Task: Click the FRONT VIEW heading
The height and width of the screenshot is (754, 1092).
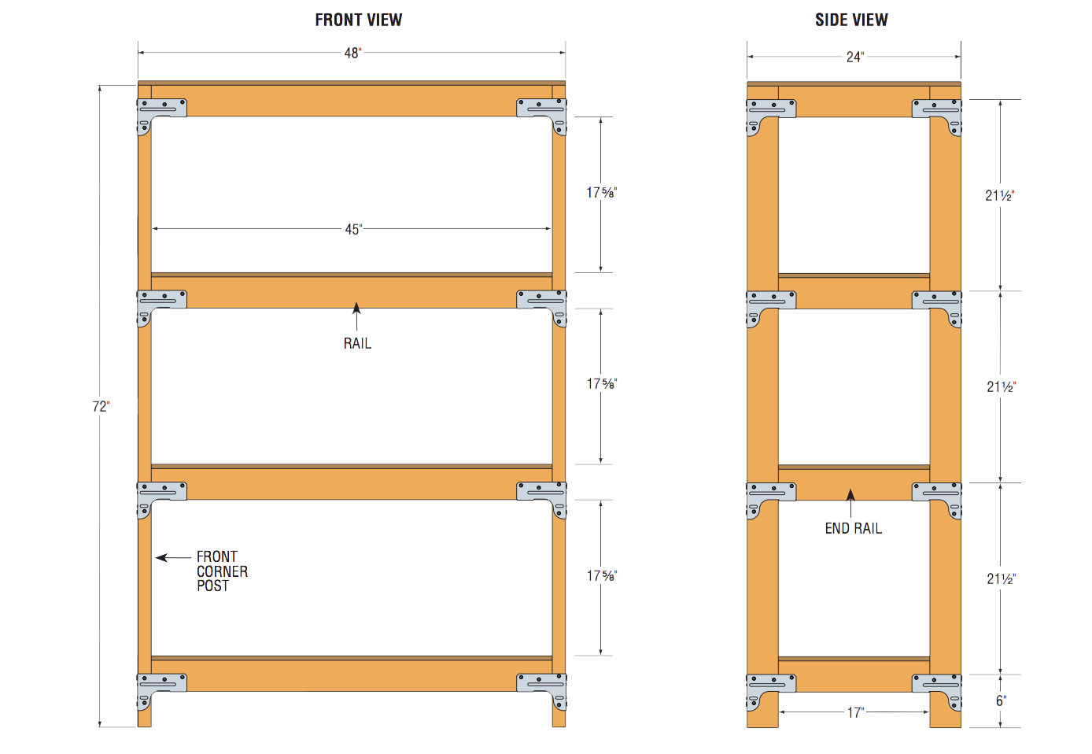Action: click(x=358, y=20)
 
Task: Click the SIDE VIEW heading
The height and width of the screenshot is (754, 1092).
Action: click(x=851, y=20)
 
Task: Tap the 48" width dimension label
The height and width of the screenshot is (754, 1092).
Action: click(x=352, y=54)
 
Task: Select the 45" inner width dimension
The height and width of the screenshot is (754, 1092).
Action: click(x=353, y=229)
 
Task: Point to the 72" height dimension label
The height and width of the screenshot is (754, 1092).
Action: click(x=101, y=406)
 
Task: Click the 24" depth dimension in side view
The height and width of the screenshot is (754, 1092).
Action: click(x=854, y=57)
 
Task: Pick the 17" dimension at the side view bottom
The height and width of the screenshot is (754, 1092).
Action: click(x=855, y=712)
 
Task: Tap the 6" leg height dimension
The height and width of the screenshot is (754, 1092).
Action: click(x=1001, y=700)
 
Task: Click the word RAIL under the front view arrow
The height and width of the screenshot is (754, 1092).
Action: click(x=357, y=343)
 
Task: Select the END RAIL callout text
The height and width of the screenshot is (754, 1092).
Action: click(x=853, y=528)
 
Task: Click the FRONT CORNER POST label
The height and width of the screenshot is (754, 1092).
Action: click(x=221, y=571)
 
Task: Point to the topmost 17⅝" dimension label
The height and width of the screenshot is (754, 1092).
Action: click(x=602, y=192)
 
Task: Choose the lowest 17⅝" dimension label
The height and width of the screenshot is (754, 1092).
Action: click(x=602, y=575)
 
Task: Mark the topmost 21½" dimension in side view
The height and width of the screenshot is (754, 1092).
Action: click(x=1000, y=195)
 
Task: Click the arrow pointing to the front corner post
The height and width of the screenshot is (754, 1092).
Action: click(x=172, y=557)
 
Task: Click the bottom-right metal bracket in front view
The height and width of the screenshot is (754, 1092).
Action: click(x=543, y=687)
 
